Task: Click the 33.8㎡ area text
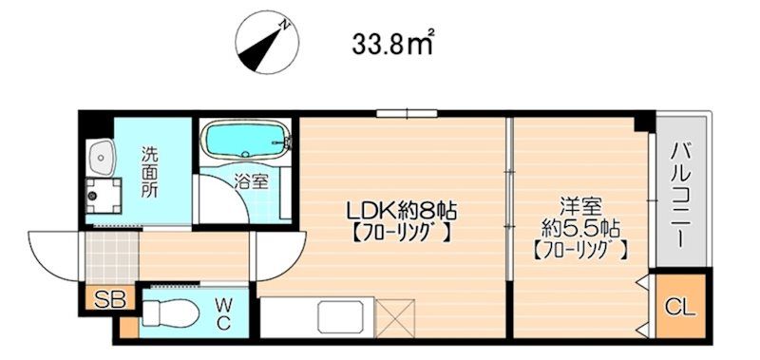392,44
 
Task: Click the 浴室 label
250,181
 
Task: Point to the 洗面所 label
149,172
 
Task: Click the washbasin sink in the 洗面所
101,157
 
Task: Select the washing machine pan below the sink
104,196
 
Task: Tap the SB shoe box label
109,299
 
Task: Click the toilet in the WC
171,313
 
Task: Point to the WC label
223,314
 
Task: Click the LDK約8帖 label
400,210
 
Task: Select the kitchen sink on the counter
340,317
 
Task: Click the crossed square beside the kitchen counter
395,318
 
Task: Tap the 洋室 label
580,207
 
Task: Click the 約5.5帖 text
580,227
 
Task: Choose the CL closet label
680,308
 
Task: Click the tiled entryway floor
112,257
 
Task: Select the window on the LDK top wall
408,114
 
